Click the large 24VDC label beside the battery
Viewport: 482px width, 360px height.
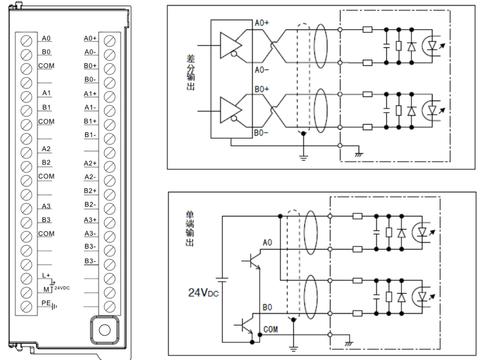pos(203,293)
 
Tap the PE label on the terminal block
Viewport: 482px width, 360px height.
pos(46,303)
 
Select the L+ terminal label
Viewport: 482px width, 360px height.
pos(46,275)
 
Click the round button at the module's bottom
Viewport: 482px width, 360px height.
pos(104,330)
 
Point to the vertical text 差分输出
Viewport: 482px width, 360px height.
pos(190,72)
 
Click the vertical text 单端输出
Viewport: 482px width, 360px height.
pos(190,228)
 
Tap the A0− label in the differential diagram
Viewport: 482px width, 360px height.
pos(262,70)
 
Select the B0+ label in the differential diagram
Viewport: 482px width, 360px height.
pos(262,89)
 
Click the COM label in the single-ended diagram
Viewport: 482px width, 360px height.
pos(270,330)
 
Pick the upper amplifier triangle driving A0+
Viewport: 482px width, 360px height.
pos(231,46)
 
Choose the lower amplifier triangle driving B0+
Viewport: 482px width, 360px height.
pos(231,110)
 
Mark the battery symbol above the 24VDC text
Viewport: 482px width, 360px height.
pos(222,280)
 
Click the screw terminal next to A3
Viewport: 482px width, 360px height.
pos(26,209)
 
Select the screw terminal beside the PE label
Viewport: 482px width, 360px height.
pos(26,306)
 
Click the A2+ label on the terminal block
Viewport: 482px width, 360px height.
pos(90,163)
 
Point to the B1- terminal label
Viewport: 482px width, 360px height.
pos(90,135)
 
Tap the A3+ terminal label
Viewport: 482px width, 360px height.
pos(90,220)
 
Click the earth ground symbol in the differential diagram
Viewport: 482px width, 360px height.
pos(304,158)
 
